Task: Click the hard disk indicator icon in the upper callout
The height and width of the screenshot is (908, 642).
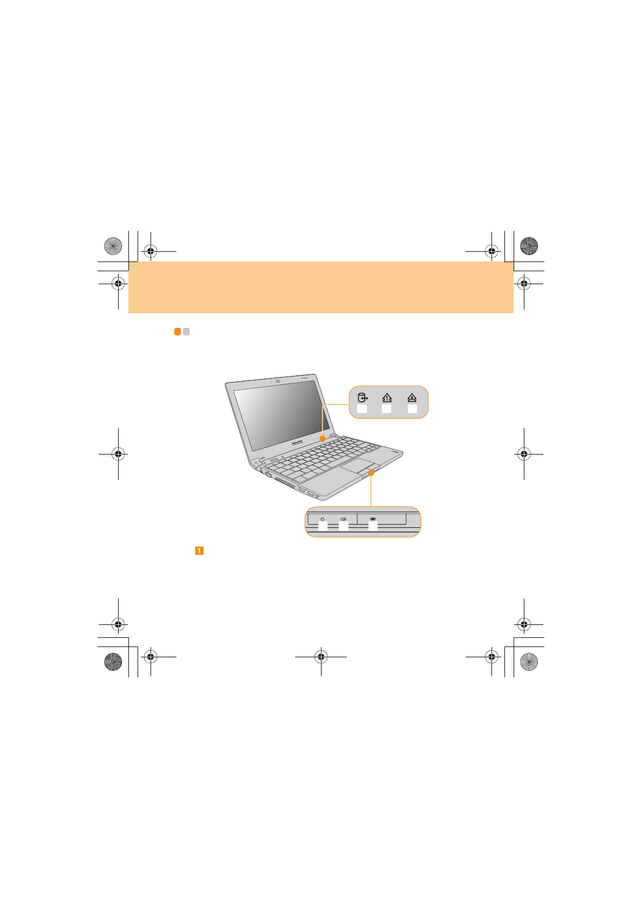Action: coord(363,398)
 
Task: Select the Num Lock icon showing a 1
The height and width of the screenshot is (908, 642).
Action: coord(387,398)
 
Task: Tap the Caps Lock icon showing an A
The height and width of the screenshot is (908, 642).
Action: coord(412,398)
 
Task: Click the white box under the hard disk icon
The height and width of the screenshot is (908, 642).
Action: coord(362,409)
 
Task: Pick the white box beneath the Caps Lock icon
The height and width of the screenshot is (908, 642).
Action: coord(412,409)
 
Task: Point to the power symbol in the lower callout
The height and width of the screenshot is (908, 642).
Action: coord(323,519)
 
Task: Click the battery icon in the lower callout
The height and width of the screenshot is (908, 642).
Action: coord(343,519)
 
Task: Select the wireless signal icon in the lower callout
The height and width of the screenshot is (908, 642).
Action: coord(373,519)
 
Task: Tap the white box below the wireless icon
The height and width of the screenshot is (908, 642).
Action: coord(373,527)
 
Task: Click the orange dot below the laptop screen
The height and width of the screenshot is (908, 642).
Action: coord(323,439)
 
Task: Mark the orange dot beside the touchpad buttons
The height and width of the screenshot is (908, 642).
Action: coord(371,472)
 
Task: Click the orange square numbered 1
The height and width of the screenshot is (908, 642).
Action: coord(199,551)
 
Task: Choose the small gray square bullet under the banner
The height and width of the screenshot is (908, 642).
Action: coord(186,332)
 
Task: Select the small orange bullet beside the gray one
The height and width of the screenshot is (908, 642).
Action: coord(177,332)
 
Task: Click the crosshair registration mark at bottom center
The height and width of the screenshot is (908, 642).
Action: coord(321,657)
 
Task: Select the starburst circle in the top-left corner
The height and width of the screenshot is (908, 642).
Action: coord(113,246)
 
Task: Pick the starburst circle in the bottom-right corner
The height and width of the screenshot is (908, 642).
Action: coord(529,662)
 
